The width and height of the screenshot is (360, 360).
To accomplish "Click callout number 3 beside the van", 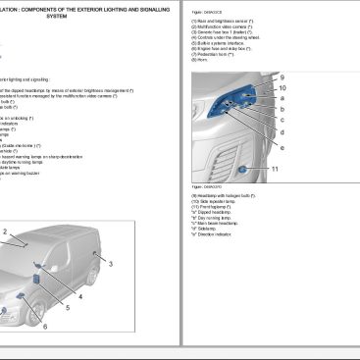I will point(111,264).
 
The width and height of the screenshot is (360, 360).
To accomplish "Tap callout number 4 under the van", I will point(80,295).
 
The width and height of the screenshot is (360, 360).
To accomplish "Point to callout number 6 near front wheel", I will point(44,326).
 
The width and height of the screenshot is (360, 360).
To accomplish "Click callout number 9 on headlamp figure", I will point(281,77).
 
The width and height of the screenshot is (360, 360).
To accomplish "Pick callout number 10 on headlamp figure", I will point(282,87).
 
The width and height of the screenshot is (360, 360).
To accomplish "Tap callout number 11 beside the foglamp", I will point(275,169).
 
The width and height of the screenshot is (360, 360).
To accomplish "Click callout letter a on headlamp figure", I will point(282,98).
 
